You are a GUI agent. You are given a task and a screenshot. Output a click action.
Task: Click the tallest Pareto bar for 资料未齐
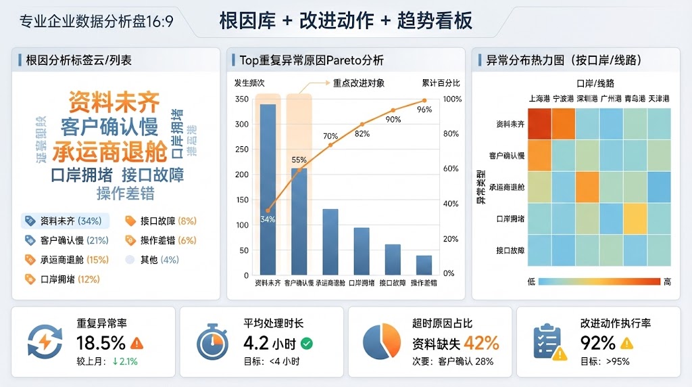click(x=268, y=189)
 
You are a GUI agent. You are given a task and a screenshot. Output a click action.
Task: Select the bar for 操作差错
click(x=424, y=265)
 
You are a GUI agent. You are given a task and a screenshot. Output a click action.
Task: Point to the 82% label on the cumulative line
click(x=362, y=134)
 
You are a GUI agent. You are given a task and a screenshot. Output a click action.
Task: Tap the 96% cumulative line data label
click(x=424, y=110)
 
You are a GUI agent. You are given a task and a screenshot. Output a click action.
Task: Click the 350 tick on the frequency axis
click(x=241, y=99)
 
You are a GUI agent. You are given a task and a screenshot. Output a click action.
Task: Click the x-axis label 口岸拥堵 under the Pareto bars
click(x=362, y=283)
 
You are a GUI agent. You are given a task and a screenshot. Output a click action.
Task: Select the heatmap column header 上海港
click(x=539, y=99)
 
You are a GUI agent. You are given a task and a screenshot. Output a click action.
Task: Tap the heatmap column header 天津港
click(x=658, y=99)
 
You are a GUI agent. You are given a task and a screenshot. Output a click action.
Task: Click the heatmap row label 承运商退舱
click(x=510, y=187)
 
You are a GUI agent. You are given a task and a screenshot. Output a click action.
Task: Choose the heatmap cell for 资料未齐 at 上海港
click(x=539, y=124)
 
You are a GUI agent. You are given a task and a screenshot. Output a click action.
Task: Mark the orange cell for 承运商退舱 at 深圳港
click(x=587, y=187)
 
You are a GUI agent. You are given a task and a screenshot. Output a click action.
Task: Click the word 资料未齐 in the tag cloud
click(x=114, y=103)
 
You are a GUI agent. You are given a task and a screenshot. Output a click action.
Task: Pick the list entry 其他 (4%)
click(x=159, y=260)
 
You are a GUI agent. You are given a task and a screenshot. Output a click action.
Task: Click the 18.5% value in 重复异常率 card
click(x=101, y=343)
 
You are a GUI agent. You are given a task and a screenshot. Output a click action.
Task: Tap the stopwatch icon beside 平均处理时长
click(x=212, y=342)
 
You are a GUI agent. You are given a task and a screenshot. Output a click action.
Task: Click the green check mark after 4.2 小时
click(x=307, y=344)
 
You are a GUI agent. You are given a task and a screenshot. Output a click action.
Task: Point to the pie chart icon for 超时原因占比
click(x=381, y=342)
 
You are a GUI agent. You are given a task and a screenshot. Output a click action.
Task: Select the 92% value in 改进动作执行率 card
click(x=597, y=343)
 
